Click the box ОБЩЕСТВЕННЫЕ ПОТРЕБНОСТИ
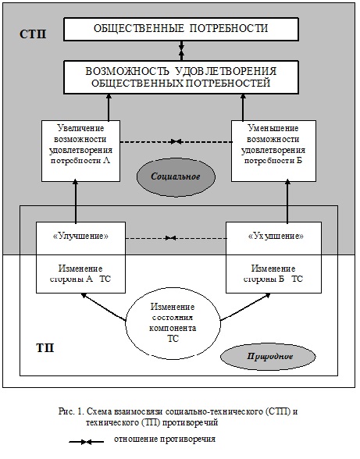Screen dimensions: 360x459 pos(181,29)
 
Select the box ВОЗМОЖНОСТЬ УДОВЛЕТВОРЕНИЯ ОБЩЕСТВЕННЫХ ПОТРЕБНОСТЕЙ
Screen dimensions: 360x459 pos(181,77)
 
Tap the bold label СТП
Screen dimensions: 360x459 pos(33,34)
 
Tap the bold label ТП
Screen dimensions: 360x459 pos(45,348)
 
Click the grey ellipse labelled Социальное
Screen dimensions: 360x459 pos(176,176)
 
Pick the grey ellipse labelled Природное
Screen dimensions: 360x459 pos(268,357)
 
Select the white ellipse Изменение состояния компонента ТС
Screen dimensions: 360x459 pos(173,323)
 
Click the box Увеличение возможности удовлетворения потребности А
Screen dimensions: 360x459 pos(80,151)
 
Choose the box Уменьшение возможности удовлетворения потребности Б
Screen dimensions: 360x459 pos(273,151)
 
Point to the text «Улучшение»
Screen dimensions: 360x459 pos(81,236)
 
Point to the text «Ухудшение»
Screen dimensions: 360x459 pos(276,236)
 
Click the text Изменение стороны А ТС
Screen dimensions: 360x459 pos(80,274)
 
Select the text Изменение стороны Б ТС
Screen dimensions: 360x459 pos(273,274)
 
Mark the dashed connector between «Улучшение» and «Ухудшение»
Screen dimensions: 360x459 pos(176,238)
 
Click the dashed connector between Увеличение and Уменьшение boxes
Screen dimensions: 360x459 pos(176,142)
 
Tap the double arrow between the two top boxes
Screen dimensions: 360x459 pos(181,51)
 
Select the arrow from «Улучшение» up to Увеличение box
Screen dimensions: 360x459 pos(76,201)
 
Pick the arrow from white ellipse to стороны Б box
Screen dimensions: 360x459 pos(245,307)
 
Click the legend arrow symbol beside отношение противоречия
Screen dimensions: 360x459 pos(87,442)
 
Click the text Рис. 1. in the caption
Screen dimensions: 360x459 pos(71,411)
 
